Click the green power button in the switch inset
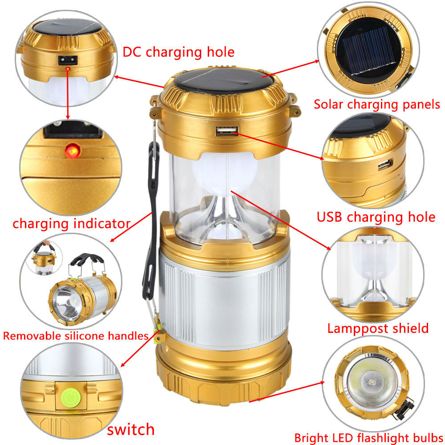click(x=71, y=397)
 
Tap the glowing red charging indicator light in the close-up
click(x=73, y=150)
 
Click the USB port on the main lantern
click(x=227, y=131)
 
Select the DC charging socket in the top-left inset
click(x=68, y=60)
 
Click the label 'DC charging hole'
click(x=178, y=52)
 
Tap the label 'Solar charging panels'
click(x=376, y=105)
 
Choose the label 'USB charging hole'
click(x=376, y=218)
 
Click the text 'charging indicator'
click(x=72, y=224)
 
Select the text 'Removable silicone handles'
click(x=76, y=336)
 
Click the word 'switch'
click(x=131, y=429)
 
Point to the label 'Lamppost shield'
click(x=378, y=328)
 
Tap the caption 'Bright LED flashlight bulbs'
click(x=368, y=438)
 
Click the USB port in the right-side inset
click(x=385, y=164)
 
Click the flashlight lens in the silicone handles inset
click(x=67, y=303)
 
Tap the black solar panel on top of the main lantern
click(x=224, y=80)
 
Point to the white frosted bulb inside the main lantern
click(x=225, y=173)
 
